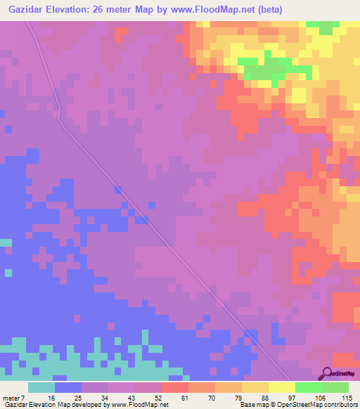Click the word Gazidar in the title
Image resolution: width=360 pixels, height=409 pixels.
pyautogui.click(x=27, y=8)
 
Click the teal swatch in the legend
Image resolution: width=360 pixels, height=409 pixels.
pyautogui.click(x=41, y=387)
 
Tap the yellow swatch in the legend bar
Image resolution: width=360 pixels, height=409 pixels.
pyautogui.click(x=282, y=387)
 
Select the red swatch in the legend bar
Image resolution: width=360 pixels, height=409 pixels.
pyautogui.click(x=175, y=387)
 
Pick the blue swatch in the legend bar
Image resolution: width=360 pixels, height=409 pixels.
pyautogui.click(x=68, y=387)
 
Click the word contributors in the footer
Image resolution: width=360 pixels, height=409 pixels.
pyautogui.click(x=340, y=405)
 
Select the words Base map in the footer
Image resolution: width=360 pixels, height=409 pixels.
pyautogui.click(x=252, y=405)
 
